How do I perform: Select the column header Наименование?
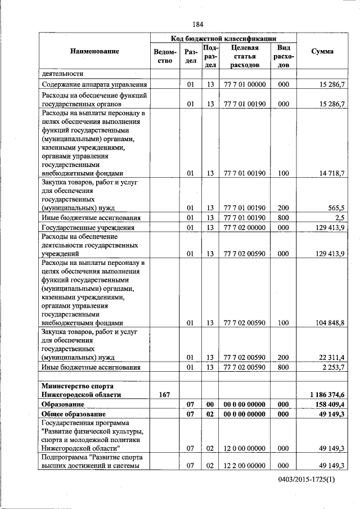[94, 51]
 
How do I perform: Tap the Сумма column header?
[322, 51]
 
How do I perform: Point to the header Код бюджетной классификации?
[223, 38]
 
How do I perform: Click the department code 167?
[165, 395]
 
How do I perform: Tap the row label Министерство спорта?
[78, 386]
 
